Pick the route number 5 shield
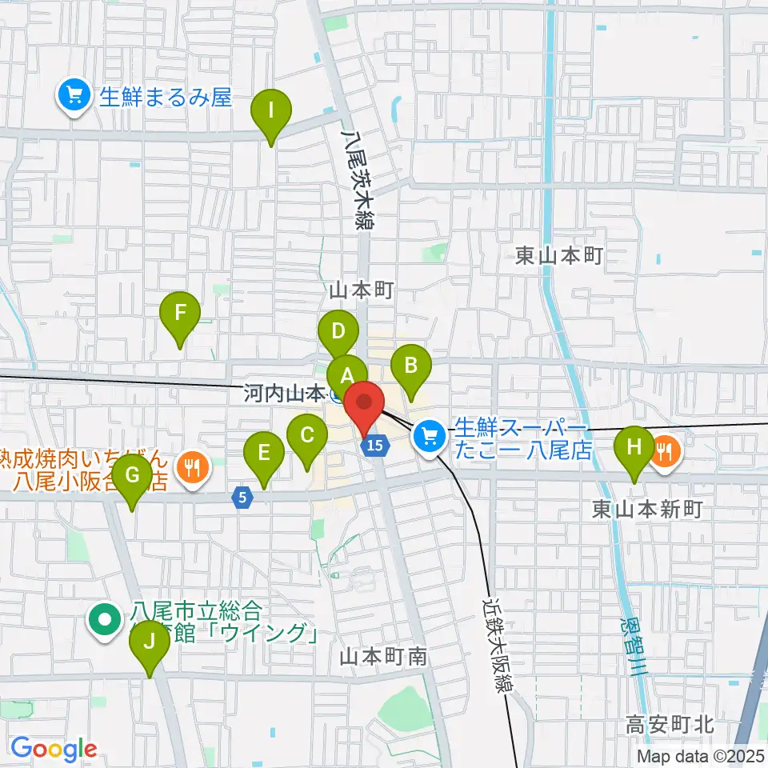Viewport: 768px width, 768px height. [x=242, y=498]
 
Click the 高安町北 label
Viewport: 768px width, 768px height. [x=670, y=726]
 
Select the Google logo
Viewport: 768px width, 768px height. [x=53, y=749]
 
